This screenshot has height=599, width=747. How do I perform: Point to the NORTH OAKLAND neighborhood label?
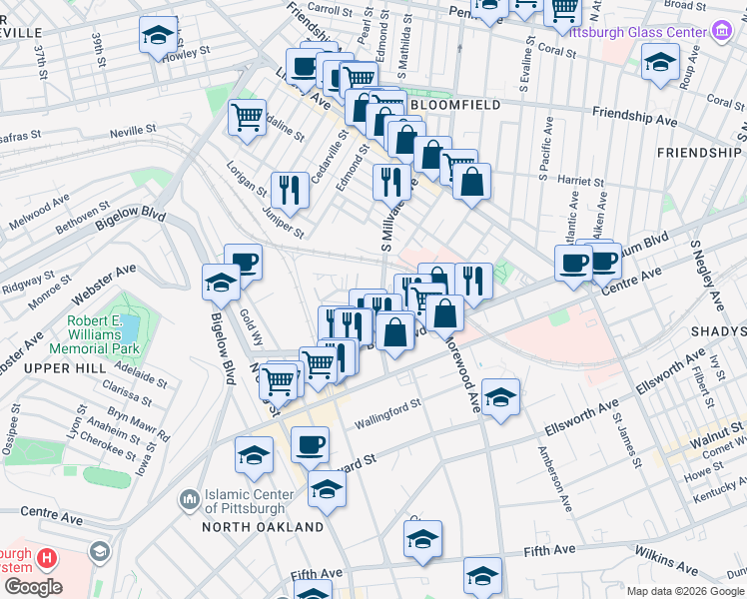pos(263,526)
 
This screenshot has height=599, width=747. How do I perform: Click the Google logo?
pos(32,586)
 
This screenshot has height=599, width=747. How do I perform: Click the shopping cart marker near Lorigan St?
pos(247,116)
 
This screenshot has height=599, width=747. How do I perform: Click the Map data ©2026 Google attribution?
pos(685,591)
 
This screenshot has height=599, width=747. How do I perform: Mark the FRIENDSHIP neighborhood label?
pos(700,153)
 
